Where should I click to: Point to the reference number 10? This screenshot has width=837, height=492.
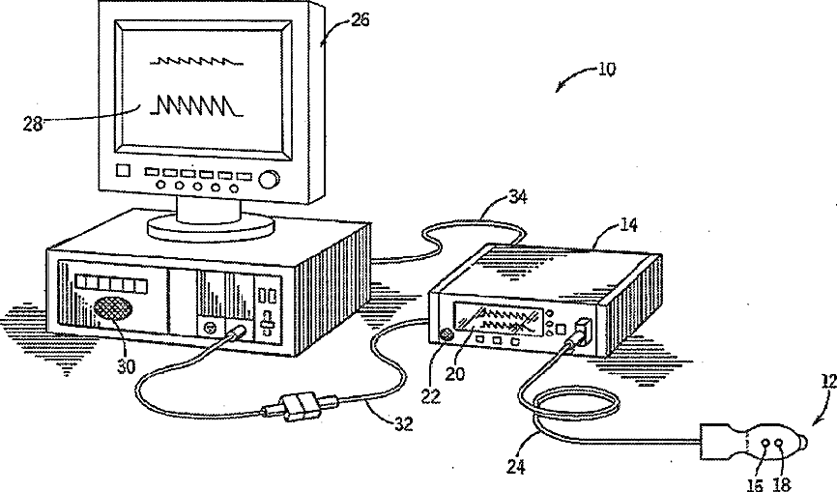click(605, 70)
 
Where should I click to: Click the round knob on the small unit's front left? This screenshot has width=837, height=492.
click(447, 335)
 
